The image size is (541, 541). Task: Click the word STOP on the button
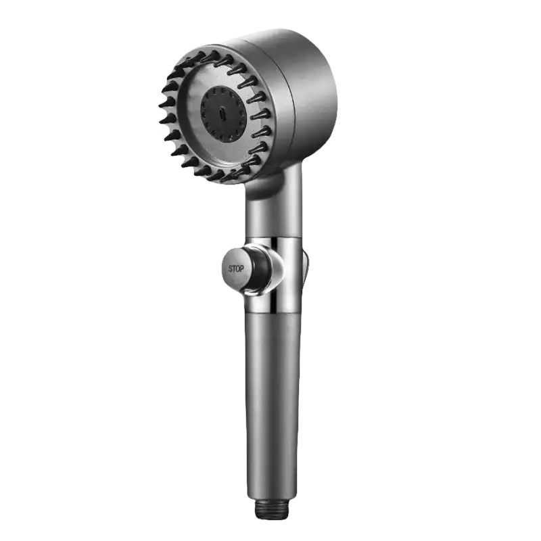point(236,268)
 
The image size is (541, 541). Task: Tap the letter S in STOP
point(230,268)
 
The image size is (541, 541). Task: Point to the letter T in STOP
point(234,268)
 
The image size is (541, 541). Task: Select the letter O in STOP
point(238,268)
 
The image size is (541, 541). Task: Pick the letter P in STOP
point(242,268)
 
